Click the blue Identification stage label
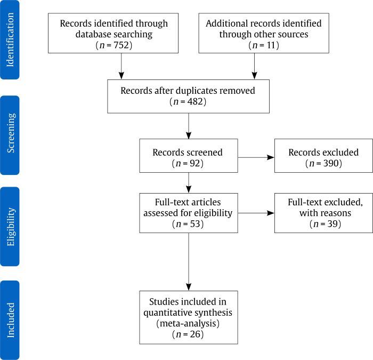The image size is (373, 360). click(10, 40)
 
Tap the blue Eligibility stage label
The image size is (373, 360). click(10, 226)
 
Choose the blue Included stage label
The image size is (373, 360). click(10, 319)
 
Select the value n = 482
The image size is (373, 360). click(188, 101)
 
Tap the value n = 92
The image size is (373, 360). click(188, 163)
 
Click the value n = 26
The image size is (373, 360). click(188, 334)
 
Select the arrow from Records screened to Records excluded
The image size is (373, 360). click(256, 157)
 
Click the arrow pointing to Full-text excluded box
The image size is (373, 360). click(256, 213)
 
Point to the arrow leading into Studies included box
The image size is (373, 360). click(189, 261)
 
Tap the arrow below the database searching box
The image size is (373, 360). click(122, 66)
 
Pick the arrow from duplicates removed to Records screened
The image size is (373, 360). click(189, 126)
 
